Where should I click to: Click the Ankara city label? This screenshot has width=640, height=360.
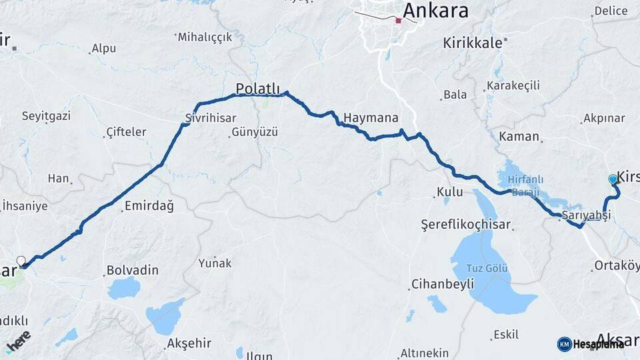coord(435,11)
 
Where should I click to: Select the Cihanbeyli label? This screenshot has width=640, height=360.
coord(442,284)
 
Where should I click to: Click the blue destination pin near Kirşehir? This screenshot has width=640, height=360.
coord(613,179)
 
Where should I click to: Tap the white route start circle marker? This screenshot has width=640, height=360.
coord(21,261)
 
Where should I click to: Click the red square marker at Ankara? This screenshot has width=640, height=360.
coord(398,21)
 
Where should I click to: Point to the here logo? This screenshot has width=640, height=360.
coord(18,341)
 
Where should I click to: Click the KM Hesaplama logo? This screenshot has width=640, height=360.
coord(591,344)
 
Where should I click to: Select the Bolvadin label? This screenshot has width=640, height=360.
coord(132,271)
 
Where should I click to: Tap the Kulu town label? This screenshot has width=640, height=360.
coord(449,192)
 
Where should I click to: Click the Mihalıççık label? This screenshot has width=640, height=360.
coord(205,37)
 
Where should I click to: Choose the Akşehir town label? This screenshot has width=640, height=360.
coord(188,343)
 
